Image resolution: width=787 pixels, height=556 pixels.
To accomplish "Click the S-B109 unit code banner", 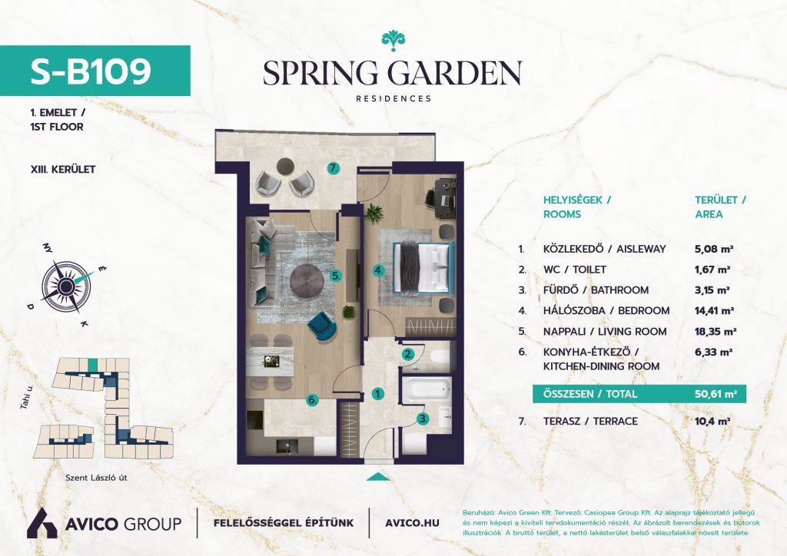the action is tap(95, 71).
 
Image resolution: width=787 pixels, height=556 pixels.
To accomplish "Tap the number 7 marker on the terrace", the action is tap(333, 168).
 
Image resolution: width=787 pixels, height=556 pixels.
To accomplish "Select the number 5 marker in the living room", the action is tap(336, 275).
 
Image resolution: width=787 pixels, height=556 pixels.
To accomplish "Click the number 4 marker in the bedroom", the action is tap(378, 271).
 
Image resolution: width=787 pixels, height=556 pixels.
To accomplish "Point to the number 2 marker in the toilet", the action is tap(409, 355).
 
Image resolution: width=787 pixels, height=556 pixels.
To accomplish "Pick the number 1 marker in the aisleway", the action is tap(378, 394).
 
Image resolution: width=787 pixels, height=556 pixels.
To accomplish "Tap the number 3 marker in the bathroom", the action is tap(423, 419).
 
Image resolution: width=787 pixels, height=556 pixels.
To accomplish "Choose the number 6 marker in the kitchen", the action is tap(313, 399).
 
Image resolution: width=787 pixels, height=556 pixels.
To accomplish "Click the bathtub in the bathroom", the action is tap(427, 389).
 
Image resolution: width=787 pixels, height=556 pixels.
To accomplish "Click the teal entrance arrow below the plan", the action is tap(378, 477).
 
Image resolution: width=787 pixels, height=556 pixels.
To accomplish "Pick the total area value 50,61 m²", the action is tap(716, 394).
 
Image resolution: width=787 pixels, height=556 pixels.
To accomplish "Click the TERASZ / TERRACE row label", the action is tap(590, 421).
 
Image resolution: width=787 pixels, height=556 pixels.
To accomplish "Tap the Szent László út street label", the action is tap(96, 478).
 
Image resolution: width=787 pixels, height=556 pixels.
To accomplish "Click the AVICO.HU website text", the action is tap(412, 523).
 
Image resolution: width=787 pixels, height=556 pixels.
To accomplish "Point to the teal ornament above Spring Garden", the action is tap(393, 41).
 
